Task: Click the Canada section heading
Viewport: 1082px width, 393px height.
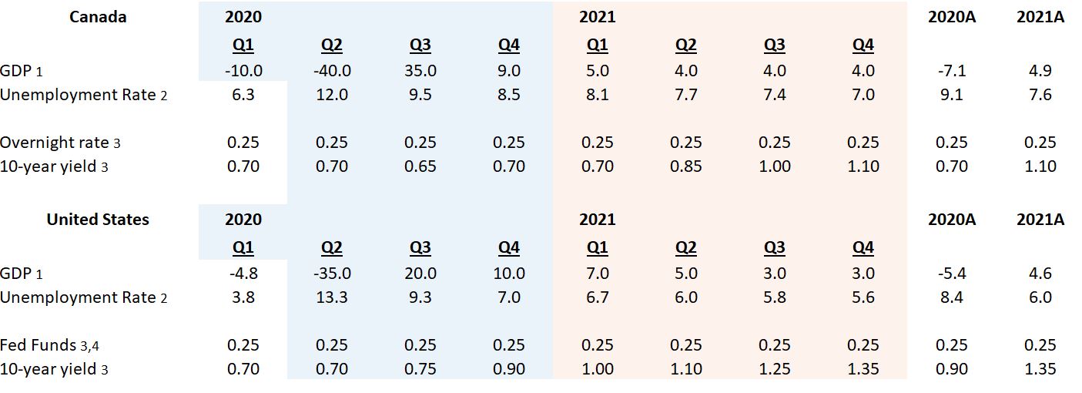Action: point(98,17)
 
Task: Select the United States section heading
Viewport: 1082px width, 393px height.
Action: point(98,220)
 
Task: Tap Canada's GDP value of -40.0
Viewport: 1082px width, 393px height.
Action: point(331,71)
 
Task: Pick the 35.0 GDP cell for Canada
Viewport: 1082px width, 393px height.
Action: point(420,71)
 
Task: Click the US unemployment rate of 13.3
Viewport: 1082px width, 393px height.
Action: point(331,297)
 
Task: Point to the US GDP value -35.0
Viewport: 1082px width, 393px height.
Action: point(331,274)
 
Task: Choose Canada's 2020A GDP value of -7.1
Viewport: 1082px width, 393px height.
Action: point(951,71)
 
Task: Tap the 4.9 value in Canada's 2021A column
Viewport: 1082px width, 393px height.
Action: point(1040,71)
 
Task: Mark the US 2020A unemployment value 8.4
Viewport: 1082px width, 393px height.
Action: point(951,297)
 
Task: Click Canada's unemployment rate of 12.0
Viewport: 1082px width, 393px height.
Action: point(331,95)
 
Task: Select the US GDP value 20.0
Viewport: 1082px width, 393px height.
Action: point(420,274)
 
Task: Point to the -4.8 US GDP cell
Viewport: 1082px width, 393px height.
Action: point(243,274)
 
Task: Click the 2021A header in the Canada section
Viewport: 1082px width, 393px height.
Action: point(1040,17)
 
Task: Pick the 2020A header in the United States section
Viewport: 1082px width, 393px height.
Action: point(951,220)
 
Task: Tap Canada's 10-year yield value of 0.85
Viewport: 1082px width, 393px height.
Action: point(685,166)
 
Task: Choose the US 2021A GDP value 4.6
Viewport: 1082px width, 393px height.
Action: point(1040,274)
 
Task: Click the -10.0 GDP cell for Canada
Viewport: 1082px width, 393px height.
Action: point(243,71)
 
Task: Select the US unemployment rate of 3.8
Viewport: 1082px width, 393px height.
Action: point(243,297)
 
